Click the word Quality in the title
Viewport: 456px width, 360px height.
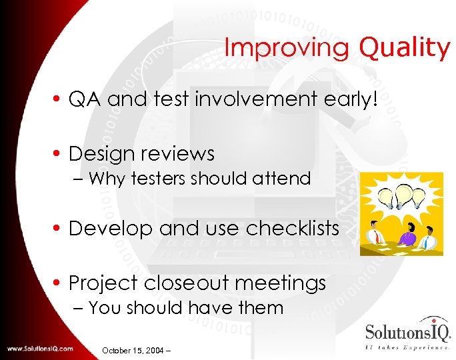click(x=405, y=48)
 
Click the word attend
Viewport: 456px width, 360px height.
click(x=286, y=179)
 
